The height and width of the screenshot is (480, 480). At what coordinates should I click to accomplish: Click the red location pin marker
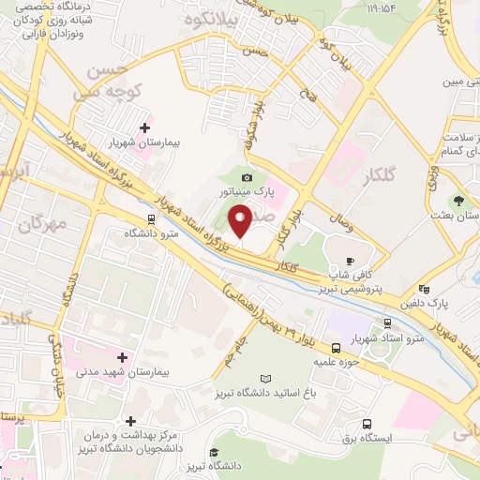pyautogui.click(x=241, y=222)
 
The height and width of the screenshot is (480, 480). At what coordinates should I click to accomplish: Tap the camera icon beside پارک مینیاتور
pyautogui.click(x=247, y=177)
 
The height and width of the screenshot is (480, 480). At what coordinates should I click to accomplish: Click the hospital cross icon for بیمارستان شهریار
pyautogui.click(x=144, y=128)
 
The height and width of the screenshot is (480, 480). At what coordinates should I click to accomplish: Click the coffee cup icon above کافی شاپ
pyautogui.click(x=351, y=261)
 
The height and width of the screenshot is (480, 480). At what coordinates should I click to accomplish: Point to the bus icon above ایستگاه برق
pyautogui.click(x=366, y=423)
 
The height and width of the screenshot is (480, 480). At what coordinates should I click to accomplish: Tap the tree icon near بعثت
pyautogui.click(x=459, y=201)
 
